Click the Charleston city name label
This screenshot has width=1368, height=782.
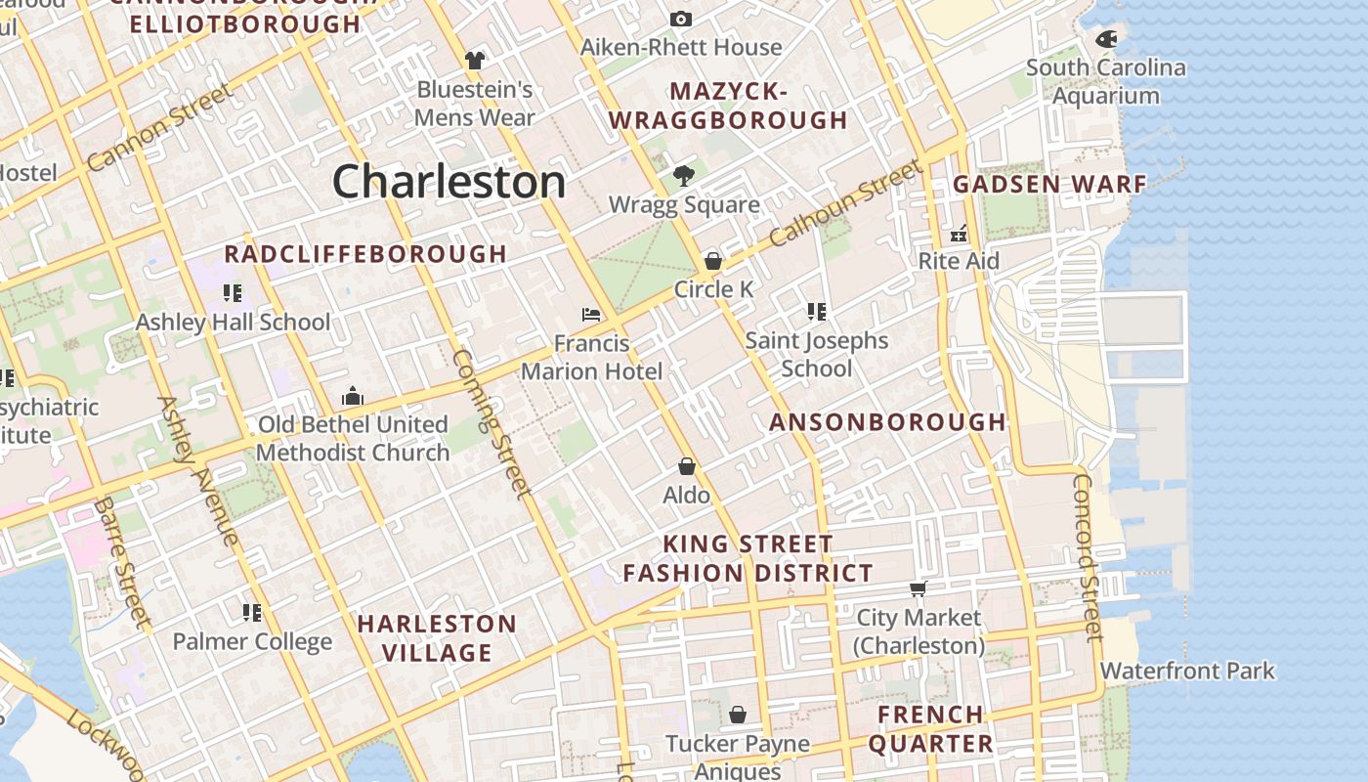click(449, 182)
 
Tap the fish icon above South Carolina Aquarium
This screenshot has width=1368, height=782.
click(1106, 39)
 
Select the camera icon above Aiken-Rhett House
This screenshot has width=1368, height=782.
click(681, 19)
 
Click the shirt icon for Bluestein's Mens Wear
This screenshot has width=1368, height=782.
click(475, 61)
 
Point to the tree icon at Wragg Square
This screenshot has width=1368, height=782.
click(684, 176)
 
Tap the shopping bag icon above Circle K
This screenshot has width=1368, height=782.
click(713, 261)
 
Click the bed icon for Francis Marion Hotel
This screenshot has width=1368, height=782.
click(591, 315)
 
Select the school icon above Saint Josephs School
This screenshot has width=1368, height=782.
click(817, 312)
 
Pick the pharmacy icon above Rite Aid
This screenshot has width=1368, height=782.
click(959, 234)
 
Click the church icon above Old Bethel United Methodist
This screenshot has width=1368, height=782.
click(353, 396)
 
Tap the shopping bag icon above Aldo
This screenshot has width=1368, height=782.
click(687, 466)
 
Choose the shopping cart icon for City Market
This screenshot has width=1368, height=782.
click(918, 588)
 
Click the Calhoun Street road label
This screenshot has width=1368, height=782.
click(845, 203)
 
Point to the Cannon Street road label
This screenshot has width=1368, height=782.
click(159, 128)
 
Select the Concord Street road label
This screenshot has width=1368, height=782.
click(1087, 559)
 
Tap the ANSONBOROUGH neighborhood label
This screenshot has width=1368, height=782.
click(887, 422)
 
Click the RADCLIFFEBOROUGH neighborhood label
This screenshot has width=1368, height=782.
click(365, 254)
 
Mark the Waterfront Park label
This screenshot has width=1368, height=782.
click(1187, 672)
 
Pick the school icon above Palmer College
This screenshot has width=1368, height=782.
click(252, 613)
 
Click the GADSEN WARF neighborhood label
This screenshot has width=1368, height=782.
click(1049, 184)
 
